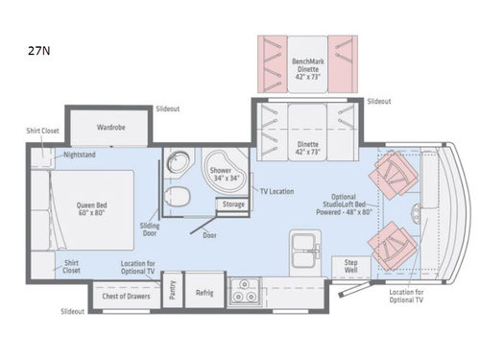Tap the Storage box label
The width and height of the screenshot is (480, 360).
233,204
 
